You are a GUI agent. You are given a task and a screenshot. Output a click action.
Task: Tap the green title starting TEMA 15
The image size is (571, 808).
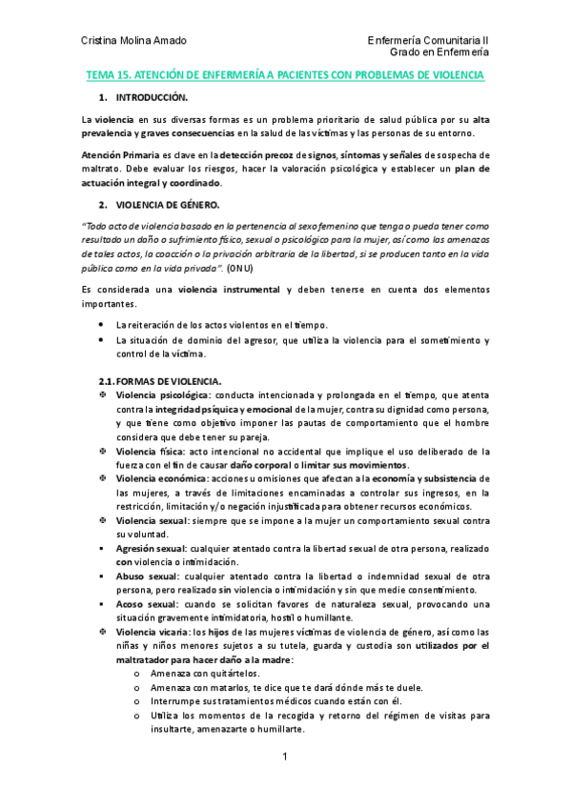[x=285, y=74]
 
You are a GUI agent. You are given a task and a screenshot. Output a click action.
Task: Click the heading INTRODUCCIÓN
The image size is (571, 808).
[x=152, y=98]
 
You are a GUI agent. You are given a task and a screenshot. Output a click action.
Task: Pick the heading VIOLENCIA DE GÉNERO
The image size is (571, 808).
[x=167, y=205]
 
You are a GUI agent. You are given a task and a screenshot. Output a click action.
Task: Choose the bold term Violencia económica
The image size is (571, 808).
[x=162, y=478]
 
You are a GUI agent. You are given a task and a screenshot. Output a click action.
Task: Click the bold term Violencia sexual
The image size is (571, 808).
[x=151, y=521]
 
